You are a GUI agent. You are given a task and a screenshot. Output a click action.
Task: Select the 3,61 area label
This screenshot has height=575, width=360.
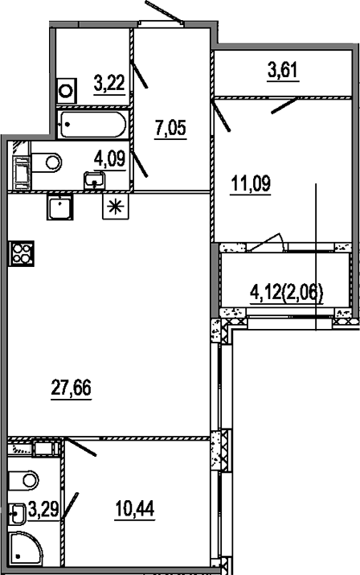pyautogui.click(x=283, y=71)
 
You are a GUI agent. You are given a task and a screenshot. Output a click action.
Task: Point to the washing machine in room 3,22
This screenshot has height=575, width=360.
pyautogui.click(x=66, y=88)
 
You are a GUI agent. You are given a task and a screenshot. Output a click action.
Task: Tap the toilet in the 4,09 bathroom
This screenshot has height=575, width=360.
pyautogui.click(x=48, y=162)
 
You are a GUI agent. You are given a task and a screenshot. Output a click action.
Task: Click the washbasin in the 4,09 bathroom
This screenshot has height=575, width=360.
pyautogui.click(x=95, y=179)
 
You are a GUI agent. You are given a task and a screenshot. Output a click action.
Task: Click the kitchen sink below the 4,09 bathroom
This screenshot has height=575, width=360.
pyautogui.click(x=59, y=207)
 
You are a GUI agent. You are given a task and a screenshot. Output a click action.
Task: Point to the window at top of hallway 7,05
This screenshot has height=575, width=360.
pyautogui.click(x=160, y=23)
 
